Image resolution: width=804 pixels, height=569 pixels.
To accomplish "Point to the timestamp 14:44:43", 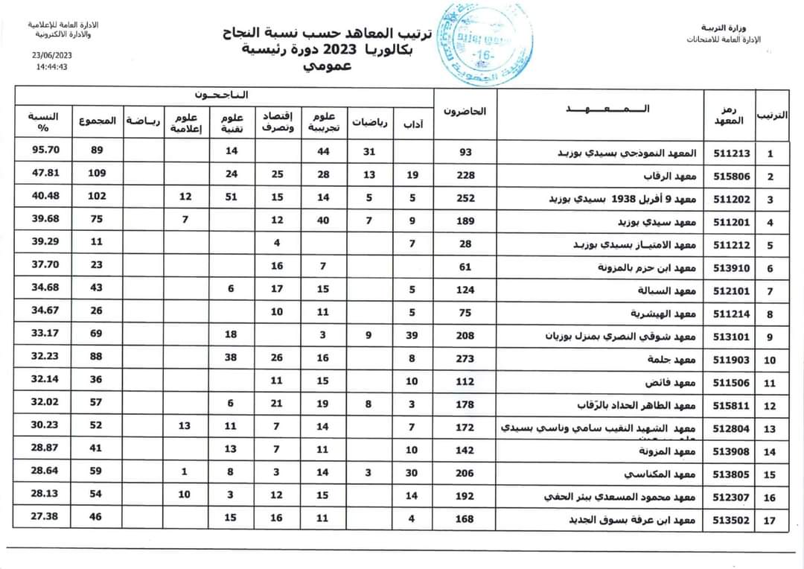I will pos(52,66).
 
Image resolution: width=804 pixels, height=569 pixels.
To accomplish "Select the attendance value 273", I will pos(465,358).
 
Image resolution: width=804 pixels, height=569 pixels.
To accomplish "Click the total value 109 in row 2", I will pos(97,174).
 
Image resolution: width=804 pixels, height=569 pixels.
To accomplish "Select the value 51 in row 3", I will pos(231,197).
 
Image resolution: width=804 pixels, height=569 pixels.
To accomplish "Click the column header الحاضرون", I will pos(465,112).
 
